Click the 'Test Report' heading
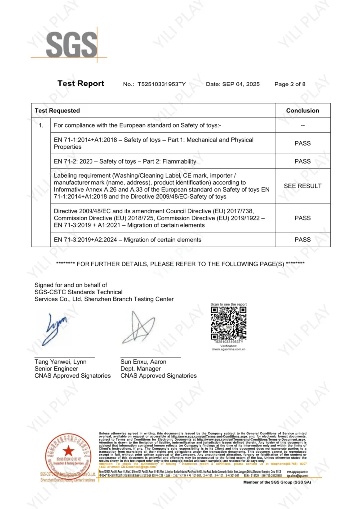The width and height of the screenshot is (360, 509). (x=81, y=84)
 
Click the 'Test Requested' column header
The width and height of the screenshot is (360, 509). (x=57, y=110)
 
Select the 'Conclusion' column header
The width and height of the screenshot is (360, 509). (x=302, y=110)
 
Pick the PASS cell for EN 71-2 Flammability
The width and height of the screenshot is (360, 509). (x=302, y=161)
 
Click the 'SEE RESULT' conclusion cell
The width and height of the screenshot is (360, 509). (x=302, y=186)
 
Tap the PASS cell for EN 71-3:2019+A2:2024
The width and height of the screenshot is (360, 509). (x=302, y=240)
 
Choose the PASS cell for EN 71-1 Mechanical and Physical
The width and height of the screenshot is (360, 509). (x=302, y=143)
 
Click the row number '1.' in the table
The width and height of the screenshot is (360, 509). (x=41, y=125)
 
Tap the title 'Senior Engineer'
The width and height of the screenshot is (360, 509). (x=56, y=369)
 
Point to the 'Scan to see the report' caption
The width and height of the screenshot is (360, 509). (x=228, y=304)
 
